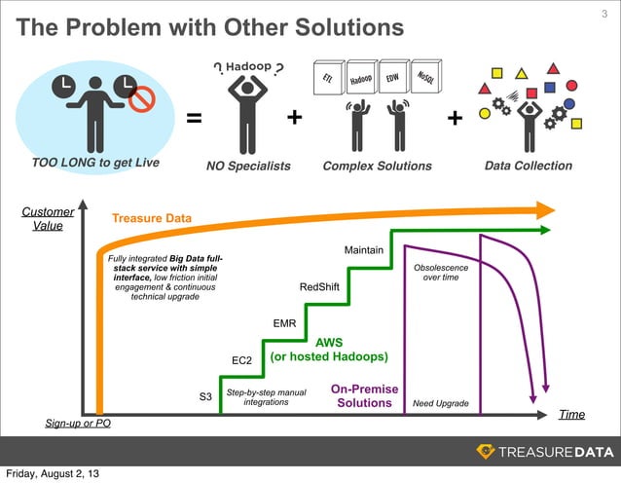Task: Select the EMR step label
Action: click(284, 322)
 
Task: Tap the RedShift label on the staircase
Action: click(319, 287)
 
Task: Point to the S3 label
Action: click(205, 397)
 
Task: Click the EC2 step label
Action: click(242, 361)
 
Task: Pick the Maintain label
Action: click(363, 251)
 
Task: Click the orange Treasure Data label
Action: click(151, 218)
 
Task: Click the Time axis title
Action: click(571, 415)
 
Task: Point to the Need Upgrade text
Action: click(441, 403)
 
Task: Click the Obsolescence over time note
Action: click(441, 273)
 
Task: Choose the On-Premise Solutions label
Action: click(365, 395)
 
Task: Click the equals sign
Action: click(194, 119)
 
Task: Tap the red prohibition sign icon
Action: click(140, 97)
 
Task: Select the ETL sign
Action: click(328, 79)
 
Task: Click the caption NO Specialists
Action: click(248, 167)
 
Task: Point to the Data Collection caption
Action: click(529, 166)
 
